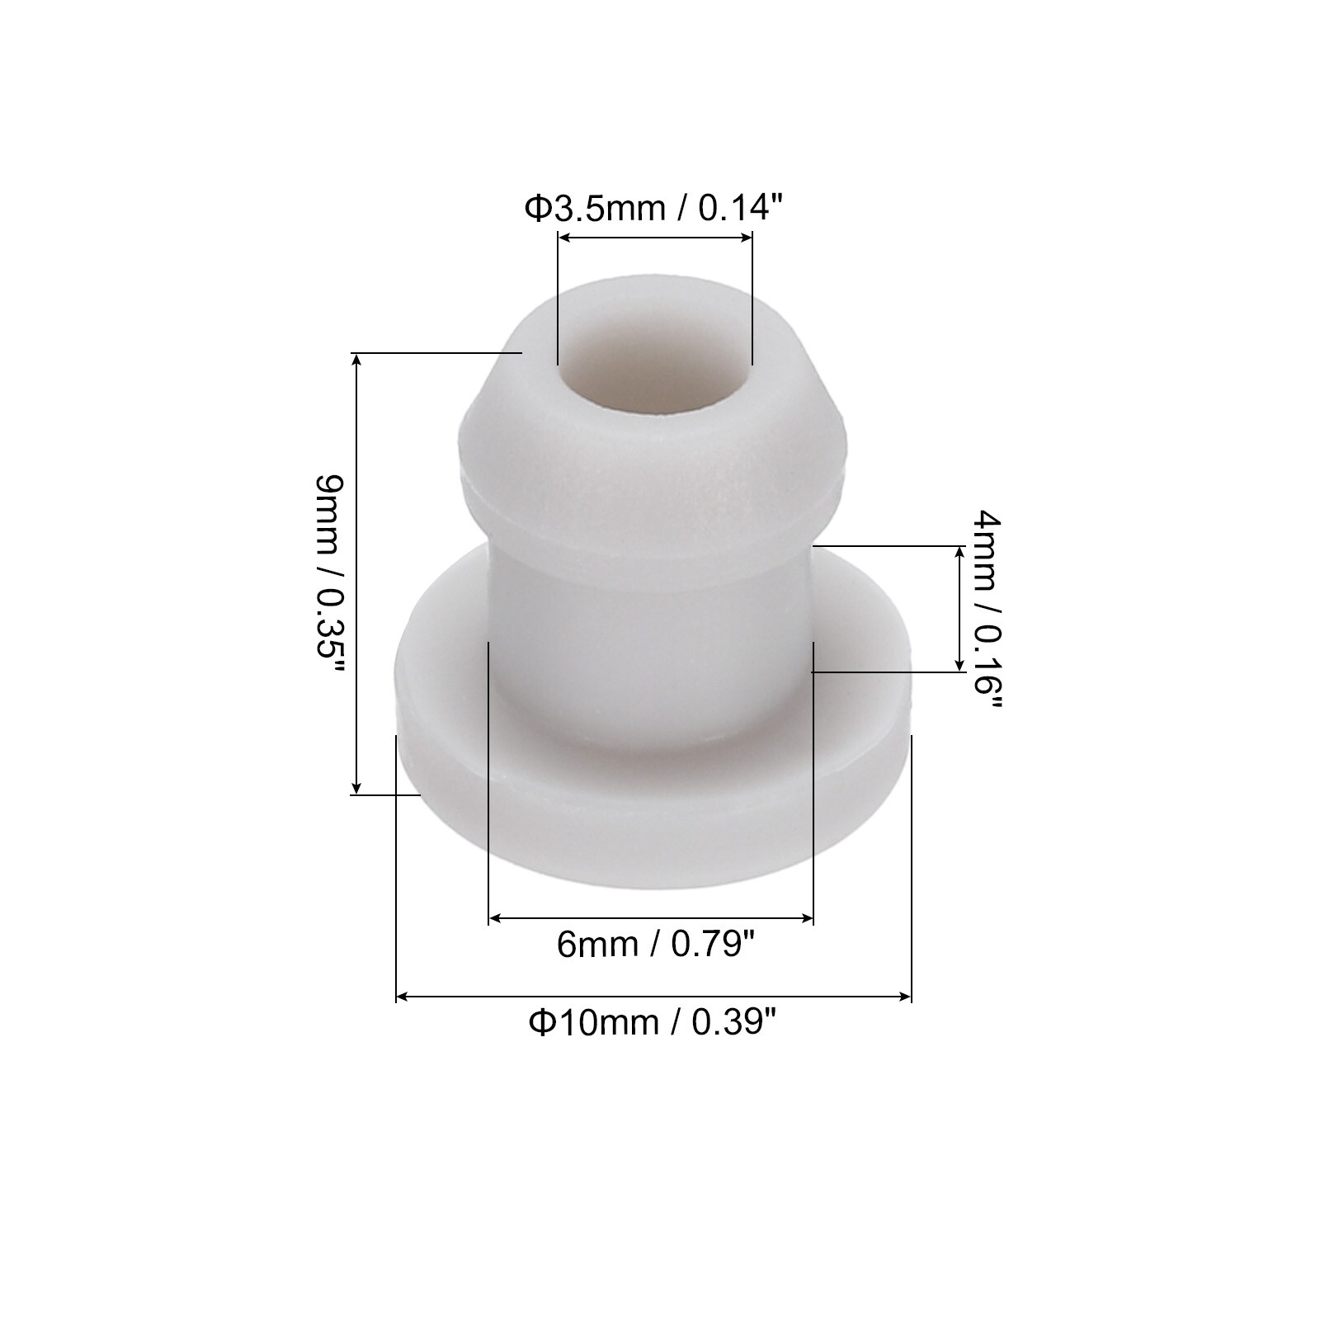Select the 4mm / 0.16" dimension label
(988, 613)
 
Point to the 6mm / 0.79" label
(656, 945)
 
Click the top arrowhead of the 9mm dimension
(356, 361)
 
